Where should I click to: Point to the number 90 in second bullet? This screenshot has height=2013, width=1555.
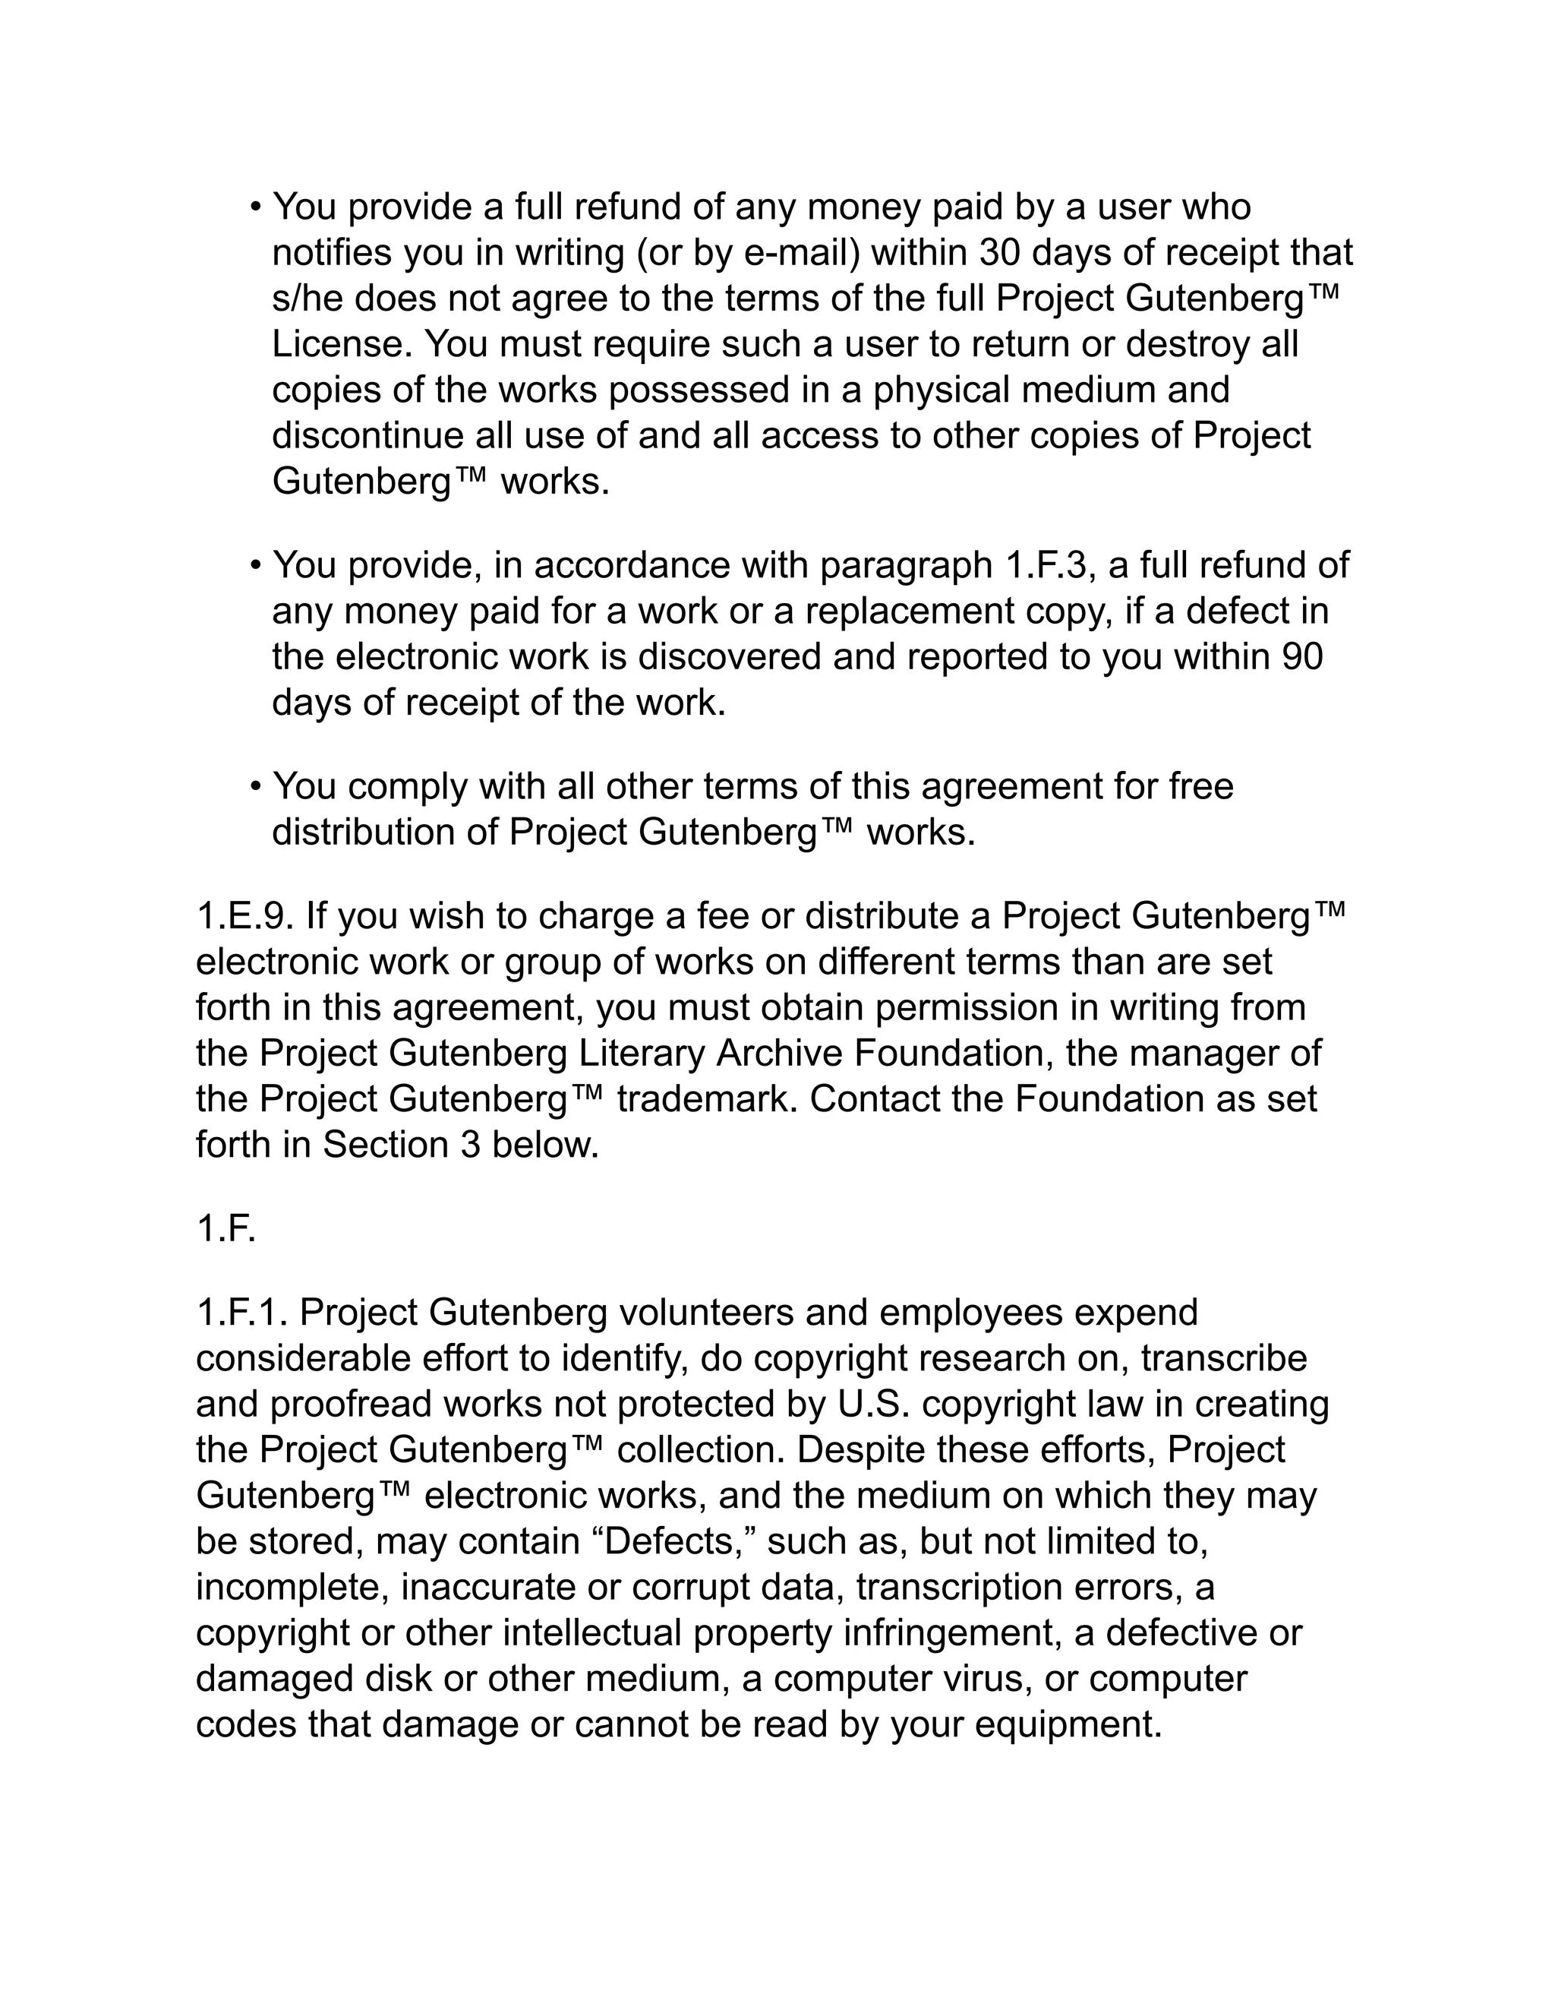[x=1301, y=656]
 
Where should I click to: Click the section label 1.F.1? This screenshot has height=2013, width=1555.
[x=241, y=1313]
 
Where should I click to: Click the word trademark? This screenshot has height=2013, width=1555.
[x=705, y=1098]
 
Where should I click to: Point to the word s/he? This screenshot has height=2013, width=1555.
[x=308, y=299]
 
